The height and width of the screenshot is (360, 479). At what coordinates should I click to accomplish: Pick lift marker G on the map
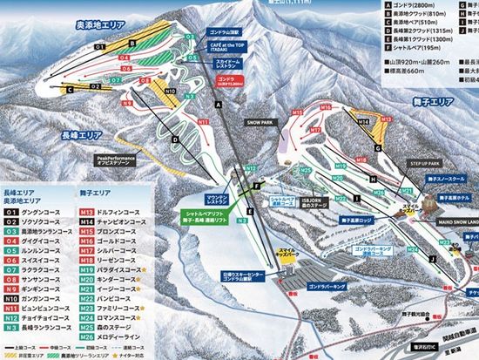[x=379, y=148]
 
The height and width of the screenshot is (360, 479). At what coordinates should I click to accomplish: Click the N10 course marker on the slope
[x=170, y=91]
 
